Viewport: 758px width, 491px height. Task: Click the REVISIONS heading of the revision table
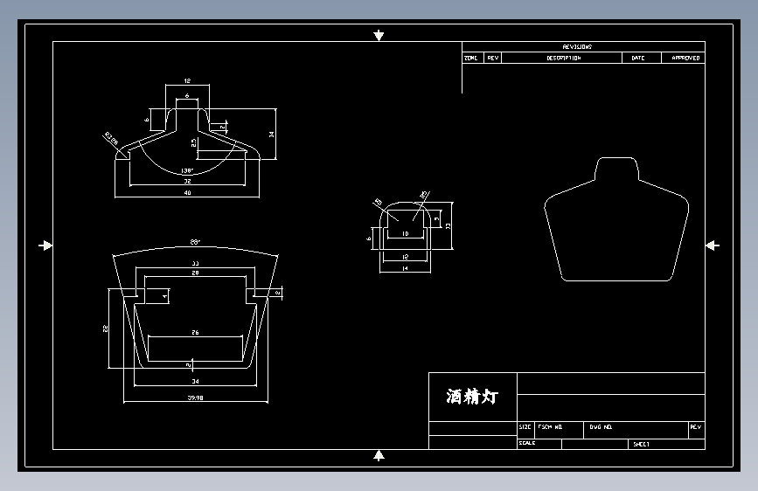[x=577, y=47]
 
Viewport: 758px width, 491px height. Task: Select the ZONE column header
[x=471, y=59]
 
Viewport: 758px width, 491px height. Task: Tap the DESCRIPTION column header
[x=564, y=59]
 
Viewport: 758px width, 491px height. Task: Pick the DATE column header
[x=638, y=59]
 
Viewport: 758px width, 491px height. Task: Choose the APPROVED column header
[x=685, y=59]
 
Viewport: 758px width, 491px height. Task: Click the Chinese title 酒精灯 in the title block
[x=472, y=397]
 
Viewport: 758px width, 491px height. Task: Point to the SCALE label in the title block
[x=527, y=443]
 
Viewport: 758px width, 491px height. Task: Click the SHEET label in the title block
[x=642, y=445]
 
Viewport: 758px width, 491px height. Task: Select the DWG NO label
[x=601, y=428]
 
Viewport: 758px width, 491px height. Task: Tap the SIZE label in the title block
[x=525, y=428]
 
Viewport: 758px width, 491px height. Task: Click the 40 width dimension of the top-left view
[x=187, y=193]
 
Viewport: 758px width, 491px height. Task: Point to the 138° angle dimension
[x=186, y=170]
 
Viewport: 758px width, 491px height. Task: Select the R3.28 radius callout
[x=110, y=136]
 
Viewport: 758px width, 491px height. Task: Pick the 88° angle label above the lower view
[x=195, y=242]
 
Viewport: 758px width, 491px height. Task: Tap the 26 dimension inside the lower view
[x=193, y=333]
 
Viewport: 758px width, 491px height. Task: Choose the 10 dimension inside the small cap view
[x=404, y=234]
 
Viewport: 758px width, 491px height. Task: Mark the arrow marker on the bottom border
[x=379, y=455]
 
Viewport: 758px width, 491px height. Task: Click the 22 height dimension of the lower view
[x=104, y=328]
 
